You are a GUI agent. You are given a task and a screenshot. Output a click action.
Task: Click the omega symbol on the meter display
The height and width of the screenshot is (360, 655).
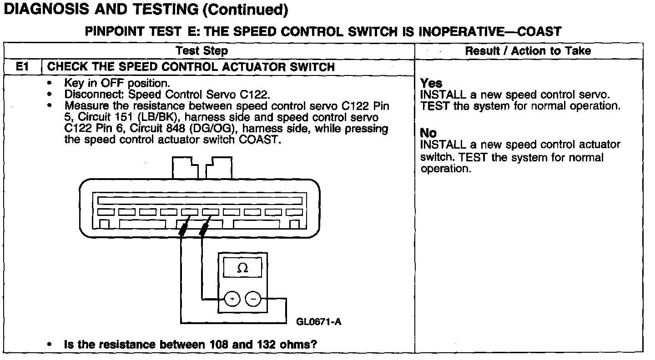tap(243, 268)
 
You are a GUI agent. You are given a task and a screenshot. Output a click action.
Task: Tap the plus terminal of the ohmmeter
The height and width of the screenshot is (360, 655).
tap(232, 299)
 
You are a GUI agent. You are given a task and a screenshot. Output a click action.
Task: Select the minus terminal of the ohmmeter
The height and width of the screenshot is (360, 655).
tap(254, 299)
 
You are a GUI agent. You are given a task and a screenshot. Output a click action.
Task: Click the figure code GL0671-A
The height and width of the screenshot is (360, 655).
tap(318, 322)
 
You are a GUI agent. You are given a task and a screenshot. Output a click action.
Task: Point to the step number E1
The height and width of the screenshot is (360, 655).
tap(22, 67)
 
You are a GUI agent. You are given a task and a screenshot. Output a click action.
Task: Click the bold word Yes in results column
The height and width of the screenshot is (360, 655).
tap(431, 84)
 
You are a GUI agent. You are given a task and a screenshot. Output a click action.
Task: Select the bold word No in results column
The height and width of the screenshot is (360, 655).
tap(428, 134)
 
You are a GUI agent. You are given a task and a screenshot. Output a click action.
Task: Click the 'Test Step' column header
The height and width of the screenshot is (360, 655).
tap(202, 51)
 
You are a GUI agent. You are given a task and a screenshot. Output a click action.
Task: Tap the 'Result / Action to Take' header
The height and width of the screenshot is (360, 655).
tap(528, 51)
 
